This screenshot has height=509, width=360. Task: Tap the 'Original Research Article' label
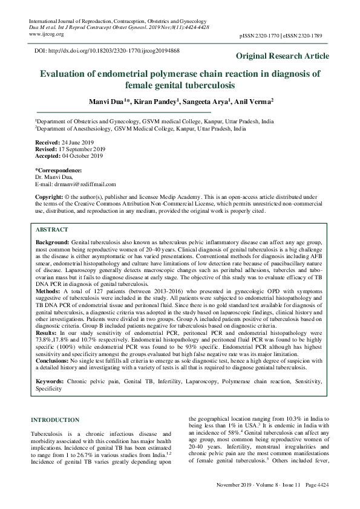pyautogui.click(x=283, y=56)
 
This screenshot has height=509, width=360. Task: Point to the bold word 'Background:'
pyautogui.click(x=53, y=242)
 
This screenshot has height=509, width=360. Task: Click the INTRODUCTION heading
pyautogui.click(x=54, y=420)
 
